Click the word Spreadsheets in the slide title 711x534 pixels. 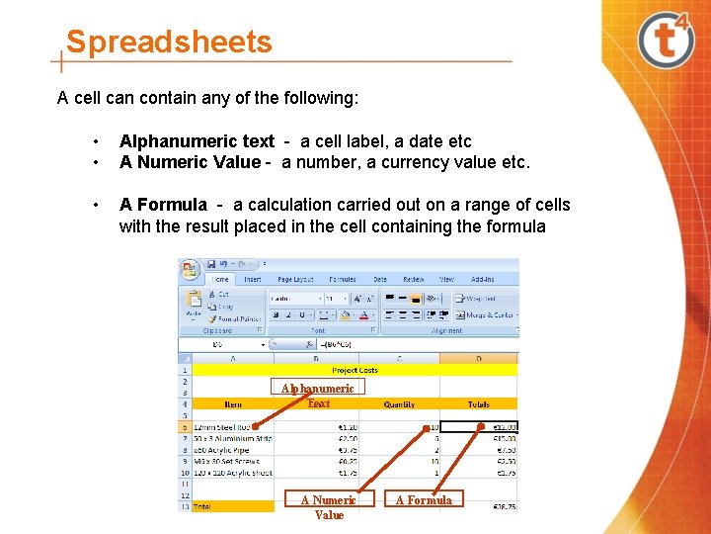168,43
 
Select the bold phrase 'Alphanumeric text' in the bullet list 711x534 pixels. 197,141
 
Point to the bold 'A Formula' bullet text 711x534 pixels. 163,205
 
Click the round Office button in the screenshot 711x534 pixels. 190,270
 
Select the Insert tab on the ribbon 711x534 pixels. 253,280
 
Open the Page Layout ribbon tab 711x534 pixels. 295,280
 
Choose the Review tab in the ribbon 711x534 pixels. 413,280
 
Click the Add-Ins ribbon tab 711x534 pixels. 483,280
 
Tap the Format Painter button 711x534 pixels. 237,319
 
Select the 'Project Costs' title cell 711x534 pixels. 355,370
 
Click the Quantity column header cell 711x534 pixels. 398,403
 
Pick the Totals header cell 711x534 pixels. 479,403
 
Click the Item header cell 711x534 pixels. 233,403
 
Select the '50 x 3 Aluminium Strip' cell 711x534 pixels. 232,438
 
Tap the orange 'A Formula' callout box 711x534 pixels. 424,500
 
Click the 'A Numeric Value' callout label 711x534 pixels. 329,507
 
